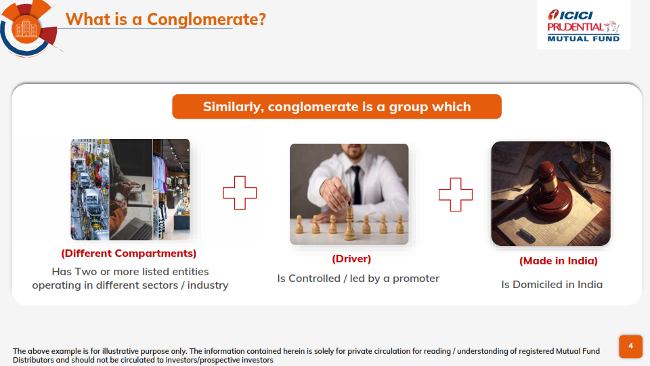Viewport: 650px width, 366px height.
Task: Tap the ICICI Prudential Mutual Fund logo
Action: click(583, 26)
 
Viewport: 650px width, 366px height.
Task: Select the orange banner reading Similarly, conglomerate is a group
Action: click(337, 106)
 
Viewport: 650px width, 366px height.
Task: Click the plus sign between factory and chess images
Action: click(240, 193)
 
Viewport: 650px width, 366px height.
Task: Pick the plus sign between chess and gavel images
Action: click(456, 195)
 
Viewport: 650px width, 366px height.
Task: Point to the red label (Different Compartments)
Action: click(129, 253)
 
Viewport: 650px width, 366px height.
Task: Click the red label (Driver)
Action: click(351, 259)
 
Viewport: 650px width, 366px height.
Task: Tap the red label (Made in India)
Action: click(559, 261)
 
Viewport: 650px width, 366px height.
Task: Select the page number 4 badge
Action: click(630, 346)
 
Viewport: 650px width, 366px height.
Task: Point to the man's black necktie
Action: click(356, 184)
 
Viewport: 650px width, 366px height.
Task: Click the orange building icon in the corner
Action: click(26, 29)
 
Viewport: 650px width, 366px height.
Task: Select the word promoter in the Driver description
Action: click(416, 279)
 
